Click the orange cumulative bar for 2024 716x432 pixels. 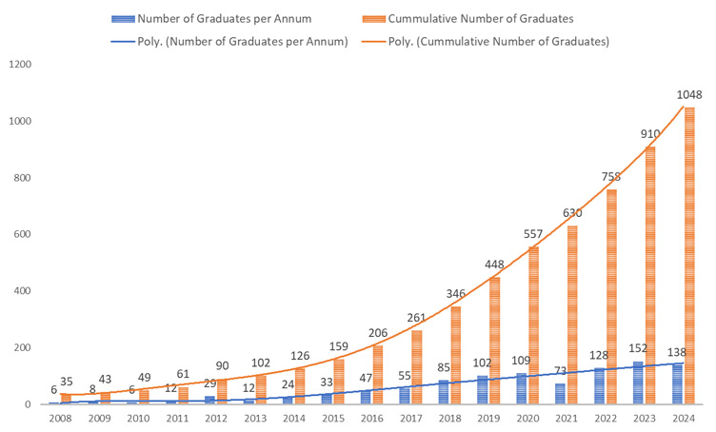pyautogui.click(x=688, y=257)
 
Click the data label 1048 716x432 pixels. pyautogui.click(x=690, y=94)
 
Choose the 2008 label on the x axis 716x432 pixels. pyautogui.click(x=59, y=419)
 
